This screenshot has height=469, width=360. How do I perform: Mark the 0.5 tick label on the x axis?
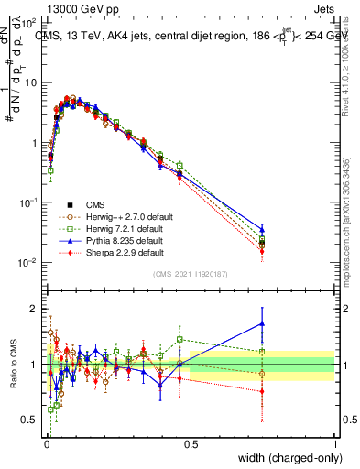[x=191, y=444]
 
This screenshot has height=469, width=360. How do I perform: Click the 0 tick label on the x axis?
[x=46, y=444]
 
